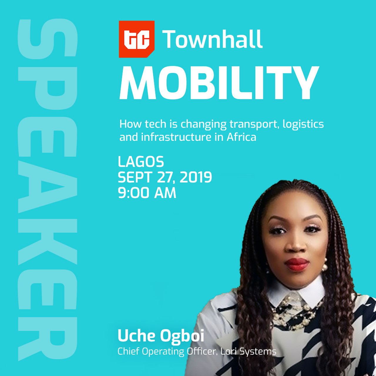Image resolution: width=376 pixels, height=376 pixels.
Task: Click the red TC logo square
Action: tap(137, 39)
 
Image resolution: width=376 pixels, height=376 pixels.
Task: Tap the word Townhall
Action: tap(212, 39)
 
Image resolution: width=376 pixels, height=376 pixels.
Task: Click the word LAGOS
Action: tap(141, 162)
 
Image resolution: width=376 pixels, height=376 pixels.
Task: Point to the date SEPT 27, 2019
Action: tap(165, 177)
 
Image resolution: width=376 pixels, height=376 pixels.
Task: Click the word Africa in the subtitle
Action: tap(241, 137)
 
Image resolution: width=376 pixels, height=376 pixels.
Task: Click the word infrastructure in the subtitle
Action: tap(176, 137)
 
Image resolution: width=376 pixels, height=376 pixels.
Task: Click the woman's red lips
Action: tap(296, 264)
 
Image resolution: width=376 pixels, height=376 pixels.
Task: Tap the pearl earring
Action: tap(324, 265)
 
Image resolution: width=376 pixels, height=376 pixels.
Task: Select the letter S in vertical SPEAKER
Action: tap(48, 39)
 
